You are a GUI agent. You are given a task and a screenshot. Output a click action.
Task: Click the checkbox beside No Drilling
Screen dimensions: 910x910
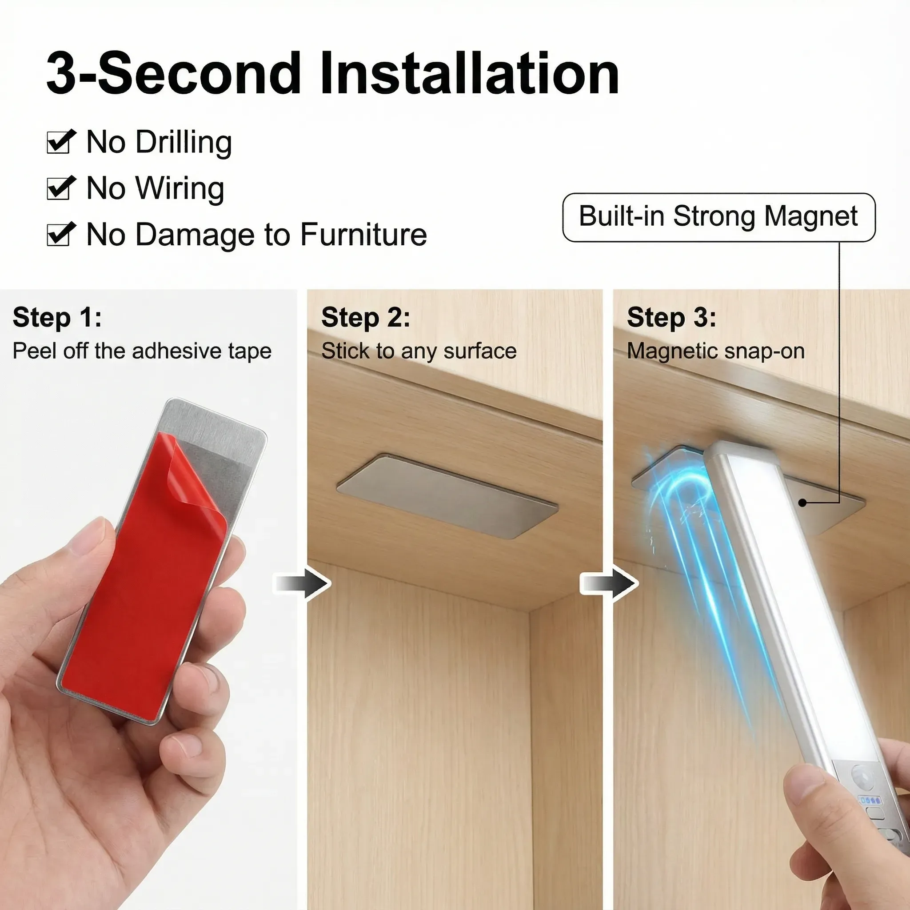coord(60,142)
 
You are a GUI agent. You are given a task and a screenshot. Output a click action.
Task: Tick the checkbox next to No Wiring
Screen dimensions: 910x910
coord(60,188)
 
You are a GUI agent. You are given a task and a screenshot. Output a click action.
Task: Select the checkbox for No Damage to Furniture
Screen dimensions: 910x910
coord(60,234)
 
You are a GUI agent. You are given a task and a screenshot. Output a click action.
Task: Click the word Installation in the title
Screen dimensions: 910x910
coord(470,73)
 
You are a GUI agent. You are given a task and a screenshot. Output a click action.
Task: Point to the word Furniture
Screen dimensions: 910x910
coord(363,234)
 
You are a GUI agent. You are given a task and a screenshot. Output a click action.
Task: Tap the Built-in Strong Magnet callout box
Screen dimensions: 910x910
coord(719,217)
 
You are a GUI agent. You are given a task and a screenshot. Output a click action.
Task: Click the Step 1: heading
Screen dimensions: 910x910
coord(57,317)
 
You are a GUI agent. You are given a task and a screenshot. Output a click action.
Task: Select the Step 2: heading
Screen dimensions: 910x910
coord(366,317)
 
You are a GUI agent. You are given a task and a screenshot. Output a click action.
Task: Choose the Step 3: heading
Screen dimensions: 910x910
coord(671,317)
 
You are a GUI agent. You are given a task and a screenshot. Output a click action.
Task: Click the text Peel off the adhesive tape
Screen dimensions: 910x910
coord(142,351)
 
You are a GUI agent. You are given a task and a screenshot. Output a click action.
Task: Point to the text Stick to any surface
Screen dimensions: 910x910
coord(419,351)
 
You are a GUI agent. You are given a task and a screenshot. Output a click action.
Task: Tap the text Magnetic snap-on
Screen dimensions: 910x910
coord(715,351)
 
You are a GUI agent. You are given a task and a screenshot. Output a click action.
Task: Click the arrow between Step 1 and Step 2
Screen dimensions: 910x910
coord(303,583)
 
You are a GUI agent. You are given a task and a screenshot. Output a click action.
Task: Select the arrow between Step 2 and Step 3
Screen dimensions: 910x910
coord(609,583)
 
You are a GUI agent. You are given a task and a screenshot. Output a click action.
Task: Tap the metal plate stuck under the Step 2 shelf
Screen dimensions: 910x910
coord(447,495)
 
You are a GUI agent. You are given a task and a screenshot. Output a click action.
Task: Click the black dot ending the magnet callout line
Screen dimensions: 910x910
coord(802,503)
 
